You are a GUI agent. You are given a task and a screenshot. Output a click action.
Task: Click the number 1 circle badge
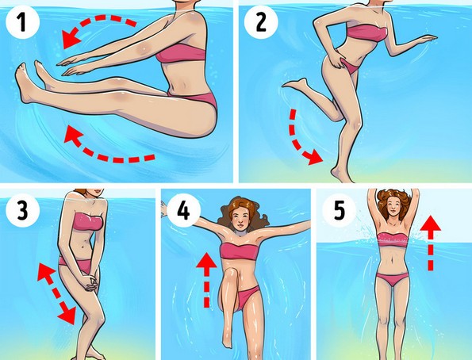[22, 22]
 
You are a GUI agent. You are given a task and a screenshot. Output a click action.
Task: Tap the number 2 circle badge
[261, 22]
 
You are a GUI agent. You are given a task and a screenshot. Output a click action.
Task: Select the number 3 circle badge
[22, 210]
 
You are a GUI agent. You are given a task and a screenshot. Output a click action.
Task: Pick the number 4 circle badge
[183, 210]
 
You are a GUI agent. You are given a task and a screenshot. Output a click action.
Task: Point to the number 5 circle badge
[340, 210]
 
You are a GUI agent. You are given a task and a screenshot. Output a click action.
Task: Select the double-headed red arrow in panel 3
[56, 293]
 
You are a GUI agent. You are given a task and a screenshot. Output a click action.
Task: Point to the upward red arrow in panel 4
[206, 280]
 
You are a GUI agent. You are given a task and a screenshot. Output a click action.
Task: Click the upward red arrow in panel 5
[431, 243]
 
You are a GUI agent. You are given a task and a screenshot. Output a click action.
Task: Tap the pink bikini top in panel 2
[367, 33]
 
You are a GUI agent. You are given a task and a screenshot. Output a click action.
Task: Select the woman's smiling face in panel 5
[393, 205]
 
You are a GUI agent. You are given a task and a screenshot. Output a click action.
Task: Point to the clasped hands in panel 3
[91, 282]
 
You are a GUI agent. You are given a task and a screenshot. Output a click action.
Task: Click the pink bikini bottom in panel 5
[393, 279]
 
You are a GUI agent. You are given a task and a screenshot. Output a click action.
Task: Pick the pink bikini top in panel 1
[182, 54]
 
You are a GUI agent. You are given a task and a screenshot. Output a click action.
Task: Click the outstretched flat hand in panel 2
[426, 39]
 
